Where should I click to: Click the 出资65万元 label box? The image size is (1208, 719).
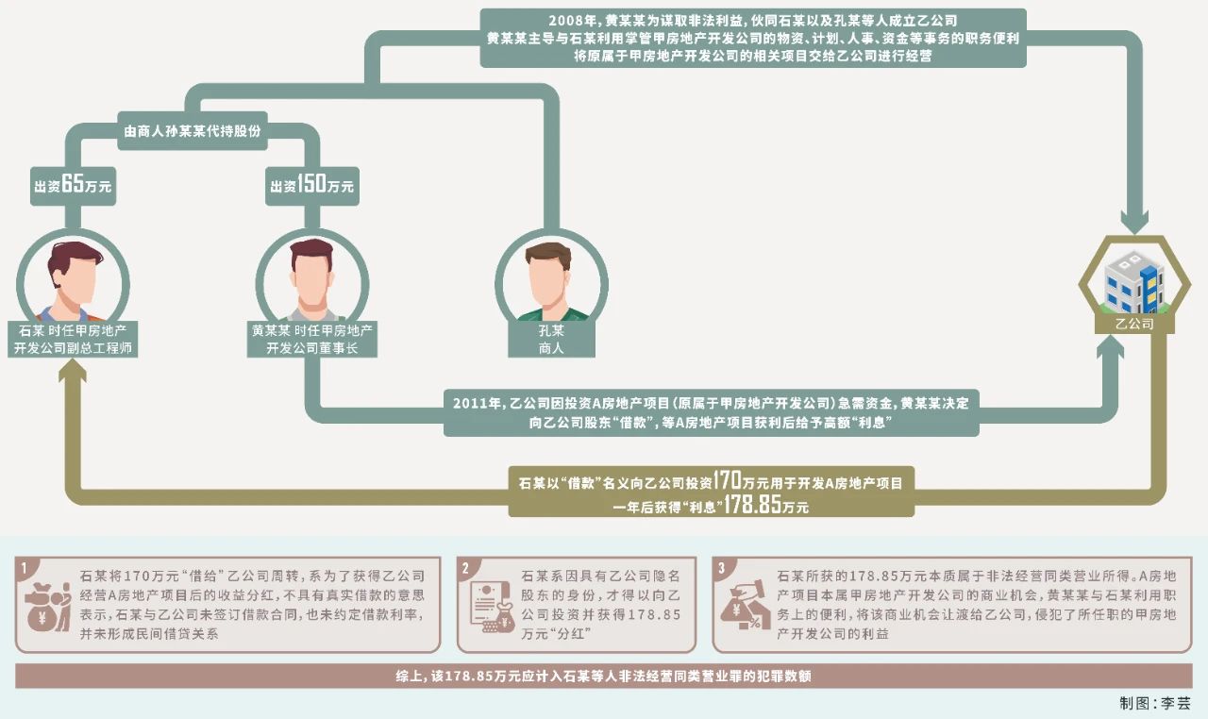click(x=73, y=186)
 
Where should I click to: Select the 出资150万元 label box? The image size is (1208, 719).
click(x=312, y=186)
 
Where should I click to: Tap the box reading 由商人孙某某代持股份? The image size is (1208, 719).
click(x=193, y=131)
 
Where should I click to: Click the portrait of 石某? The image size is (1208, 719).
click(x=73, y=280)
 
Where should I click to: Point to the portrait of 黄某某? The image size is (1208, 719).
click(x=312, y=280)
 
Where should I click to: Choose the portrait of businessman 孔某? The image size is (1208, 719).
click(x=551, y=280)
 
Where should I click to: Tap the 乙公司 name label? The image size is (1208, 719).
click(x=1134, y=324)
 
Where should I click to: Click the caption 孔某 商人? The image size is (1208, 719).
click(x=551, y=339)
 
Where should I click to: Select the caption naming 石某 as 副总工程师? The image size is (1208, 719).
click(x=73, y=339)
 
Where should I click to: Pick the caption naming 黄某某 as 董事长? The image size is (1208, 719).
click(x=312, y=339)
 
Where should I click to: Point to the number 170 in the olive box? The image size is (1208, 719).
click(x=728, y=479)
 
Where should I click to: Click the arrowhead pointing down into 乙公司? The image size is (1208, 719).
click(x=1134, y=220)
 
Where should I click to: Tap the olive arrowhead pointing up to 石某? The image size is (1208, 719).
click(x=73, y=371)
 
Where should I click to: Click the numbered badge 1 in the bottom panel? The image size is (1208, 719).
click(x=24, y=567)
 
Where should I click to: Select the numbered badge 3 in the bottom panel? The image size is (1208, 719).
click(x=722, y=567)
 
